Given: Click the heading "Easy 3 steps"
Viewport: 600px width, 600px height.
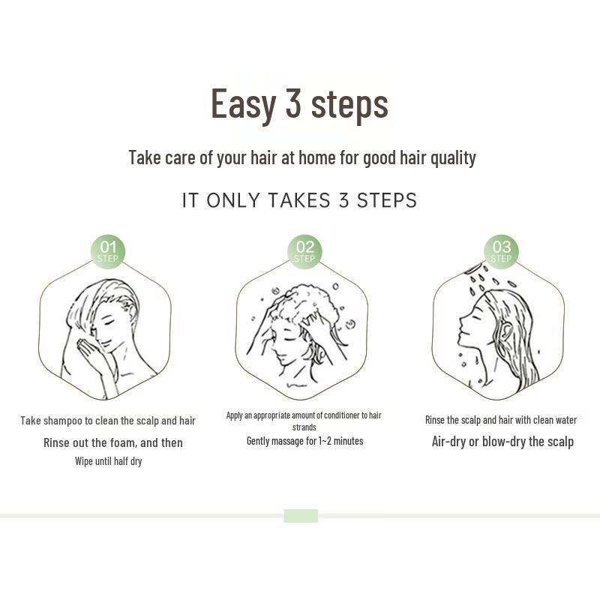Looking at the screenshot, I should pyautogui.click(x=299, y=103).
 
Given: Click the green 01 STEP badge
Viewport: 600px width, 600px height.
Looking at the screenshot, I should pyautogui.click(x=108, y=251).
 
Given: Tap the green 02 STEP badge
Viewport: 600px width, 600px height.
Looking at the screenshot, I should pyautogui.click(x=304, y=251).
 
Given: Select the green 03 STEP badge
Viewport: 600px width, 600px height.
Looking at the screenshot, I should pyautogui.click(x=501, y=251).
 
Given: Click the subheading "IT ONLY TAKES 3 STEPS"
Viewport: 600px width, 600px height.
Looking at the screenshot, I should pyautogui.click(x=299, y=200).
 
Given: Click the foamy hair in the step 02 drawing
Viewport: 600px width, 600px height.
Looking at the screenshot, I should pyautogui.click(x=307, y=304).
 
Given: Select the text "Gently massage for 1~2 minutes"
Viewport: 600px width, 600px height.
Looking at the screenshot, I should pyautogui.click(x=304, y=441).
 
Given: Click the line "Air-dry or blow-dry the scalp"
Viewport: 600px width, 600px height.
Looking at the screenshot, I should pyautogui.click(x=502, y=441).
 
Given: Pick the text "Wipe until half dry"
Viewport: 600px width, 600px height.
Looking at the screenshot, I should pyautogui.click(x=108, y=461).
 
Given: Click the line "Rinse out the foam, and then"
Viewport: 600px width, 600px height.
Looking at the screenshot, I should pyautogui.click(x=112, y=442).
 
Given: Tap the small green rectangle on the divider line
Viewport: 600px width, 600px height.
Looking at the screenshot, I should pyautogui.click(x=301, y=516).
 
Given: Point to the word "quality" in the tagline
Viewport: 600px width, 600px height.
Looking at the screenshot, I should pyautogui.click(x=451, y=157).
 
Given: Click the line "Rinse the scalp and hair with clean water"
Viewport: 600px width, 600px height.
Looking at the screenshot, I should pyautogui.click(x=501, y=420).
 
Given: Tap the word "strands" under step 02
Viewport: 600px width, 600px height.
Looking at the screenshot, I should pyautogui.click(x=304, y=427).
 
